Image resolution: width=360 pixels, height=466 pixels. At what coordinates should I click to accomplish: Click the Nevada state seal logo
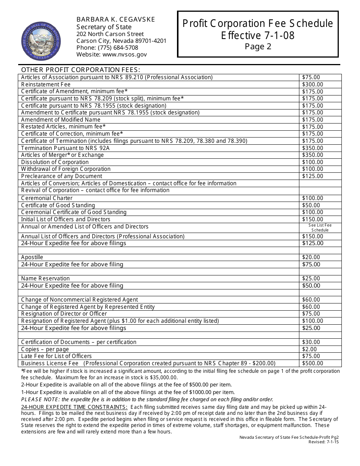pyautogui.click(x=41, y=41)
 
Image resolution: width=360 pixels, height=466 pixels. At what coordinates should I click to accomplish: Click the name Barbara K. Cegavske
pyautogui.click(x=116, y=19)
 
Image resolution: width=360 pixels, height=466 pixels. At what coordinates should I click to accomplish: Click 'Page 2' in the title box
pyautogui.click(x=258, y=47)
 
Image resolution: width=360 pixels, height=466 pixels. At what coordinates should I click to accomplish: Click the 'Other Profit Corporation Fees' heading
pyautogui.click(x=80, y=70)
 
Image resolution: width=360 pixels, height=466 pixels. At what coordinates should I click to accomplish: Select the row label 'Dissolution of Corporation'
pyautogui.click(x=55, y=162)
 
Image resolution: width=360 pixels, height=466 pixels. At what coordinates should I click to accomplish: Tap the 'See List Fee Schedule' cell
pyautogui.click(x=320, y=228)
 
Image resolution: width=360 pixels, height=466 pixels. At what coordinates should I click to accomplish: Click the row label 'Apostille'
pyautogui.click(x=32, y=257)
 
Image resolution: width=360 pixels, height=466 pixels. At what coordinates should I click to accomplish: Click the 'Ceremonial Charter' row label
pyautogui.click(x=47, y=198)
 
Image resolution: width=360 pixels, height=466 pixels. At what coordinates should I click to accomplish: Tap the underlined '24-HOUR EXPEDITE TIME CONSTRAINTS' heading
pyautogui.click(x=74, y=407)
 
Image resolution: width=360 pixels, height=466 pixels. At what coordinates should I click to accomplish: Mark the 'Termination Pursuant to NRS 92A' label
pyautogui.click(x=65, y=148)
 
